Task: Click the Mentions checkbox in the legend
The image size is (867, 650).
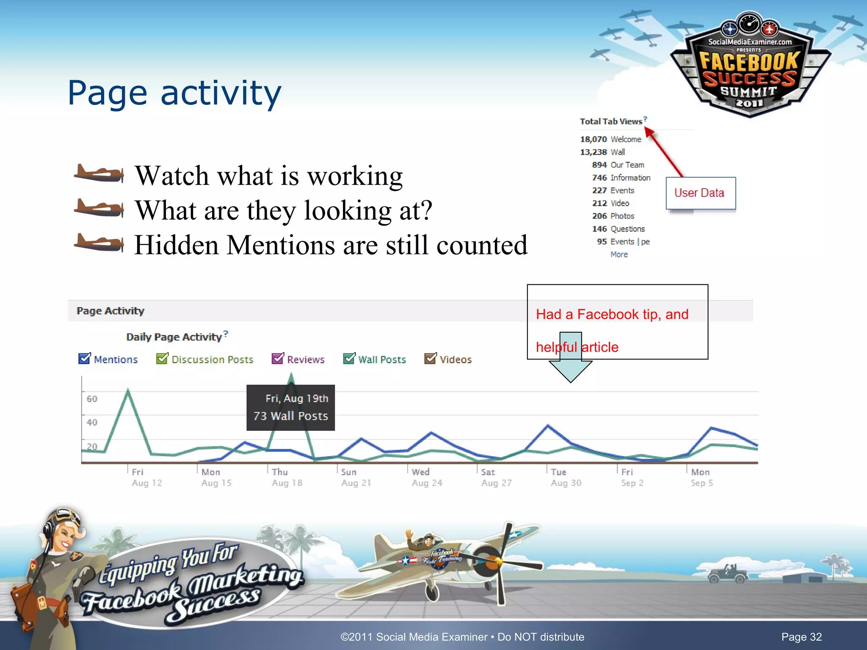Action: [85, 358]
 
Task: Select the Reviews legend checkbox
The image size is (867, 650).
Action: [278, 358]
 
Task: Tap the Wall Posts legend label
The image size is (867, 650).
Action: [382, 360]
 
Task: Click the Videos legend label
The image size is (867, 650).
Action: [456, 360]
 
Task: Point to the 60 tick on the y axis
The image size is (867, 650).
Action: [92, 399]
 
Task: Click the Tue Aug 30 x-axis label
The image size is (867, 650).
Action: [566, 477]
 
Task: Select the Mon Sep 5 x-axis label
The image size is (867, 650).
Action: [701, 477]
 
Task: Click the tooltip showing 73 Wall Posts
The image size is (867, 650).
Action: [290, 408]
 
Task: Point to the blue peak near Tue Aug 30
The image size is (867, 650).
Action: [548, 425]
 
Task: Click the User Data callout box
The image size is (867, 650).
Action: [701, 193]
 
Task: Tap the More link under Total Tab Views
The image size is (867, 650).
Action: [619, 254]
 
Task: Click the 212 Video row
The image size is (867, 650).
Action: [610, 203]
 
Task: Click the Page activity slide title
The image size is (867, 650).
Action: [174, 93]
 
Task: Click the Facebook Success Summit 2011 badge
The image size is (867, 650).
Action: [749, 68]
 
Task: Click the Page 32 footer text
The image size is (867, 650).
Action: [801, 637]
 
